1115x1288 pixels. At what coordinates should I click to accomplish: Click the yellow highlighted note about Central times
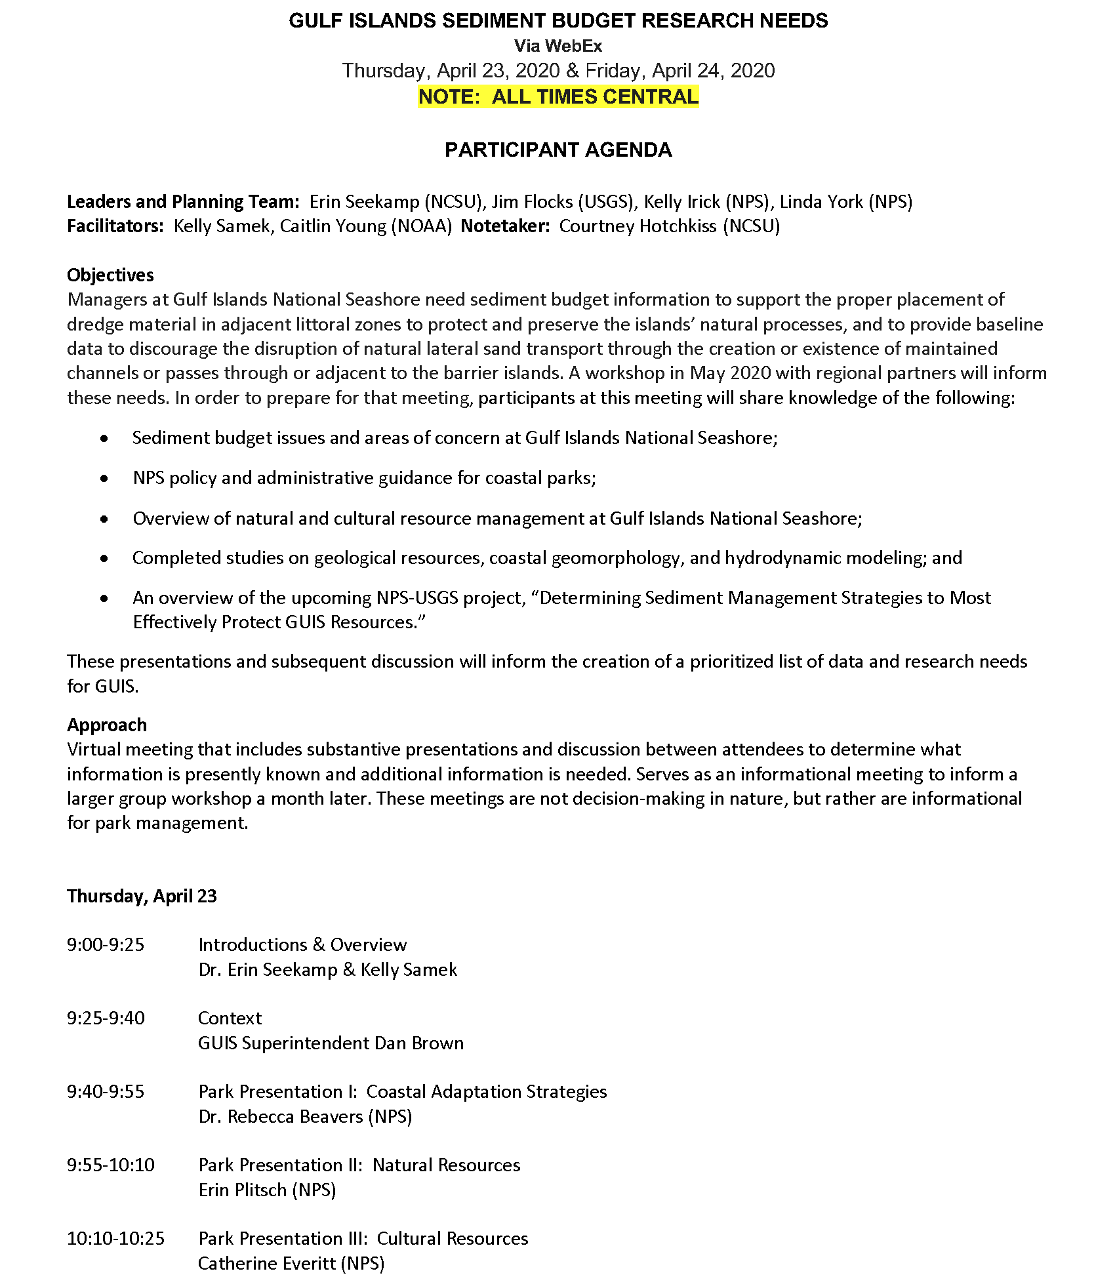pos(558,97)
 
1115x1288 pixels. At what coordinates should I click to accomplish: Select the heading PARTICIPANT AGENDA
pos(558,150)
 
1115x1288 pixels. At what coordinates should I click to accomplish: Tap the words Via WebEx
pos(558,46)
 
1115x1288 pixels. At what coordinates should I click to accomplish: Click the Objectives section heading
pos(110,275)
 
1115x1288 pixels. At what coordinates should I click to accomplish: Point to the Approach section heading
pos(107,725)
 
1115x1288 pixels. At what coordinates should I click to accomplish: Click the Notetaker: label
pos(505,226)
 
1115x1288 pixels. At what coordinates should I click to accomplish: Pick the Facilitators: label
pos(115,226)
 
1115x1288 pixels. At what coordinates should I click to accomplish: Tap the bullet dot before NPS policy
pos(105,478)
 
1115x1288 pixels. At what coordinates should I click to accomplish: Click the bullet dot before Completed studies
pos(105,558)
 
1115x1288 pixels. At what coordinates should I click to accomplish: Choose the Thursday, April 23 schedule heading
pos(142,896)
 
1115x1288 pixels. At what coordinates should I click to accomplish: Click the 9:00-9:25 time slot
pos(106,945)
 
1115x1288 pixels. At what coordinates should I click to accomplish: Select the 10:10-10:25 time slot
pos(115,1238)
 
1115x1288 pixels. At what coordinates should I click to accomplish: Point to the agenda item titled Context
pos(230,1018)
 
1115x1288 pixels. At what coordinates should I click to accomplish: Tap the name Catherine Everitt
pos(266,1263)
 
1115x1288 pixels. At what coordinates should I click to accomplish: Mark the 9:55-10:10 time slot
pos(111,1165)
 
